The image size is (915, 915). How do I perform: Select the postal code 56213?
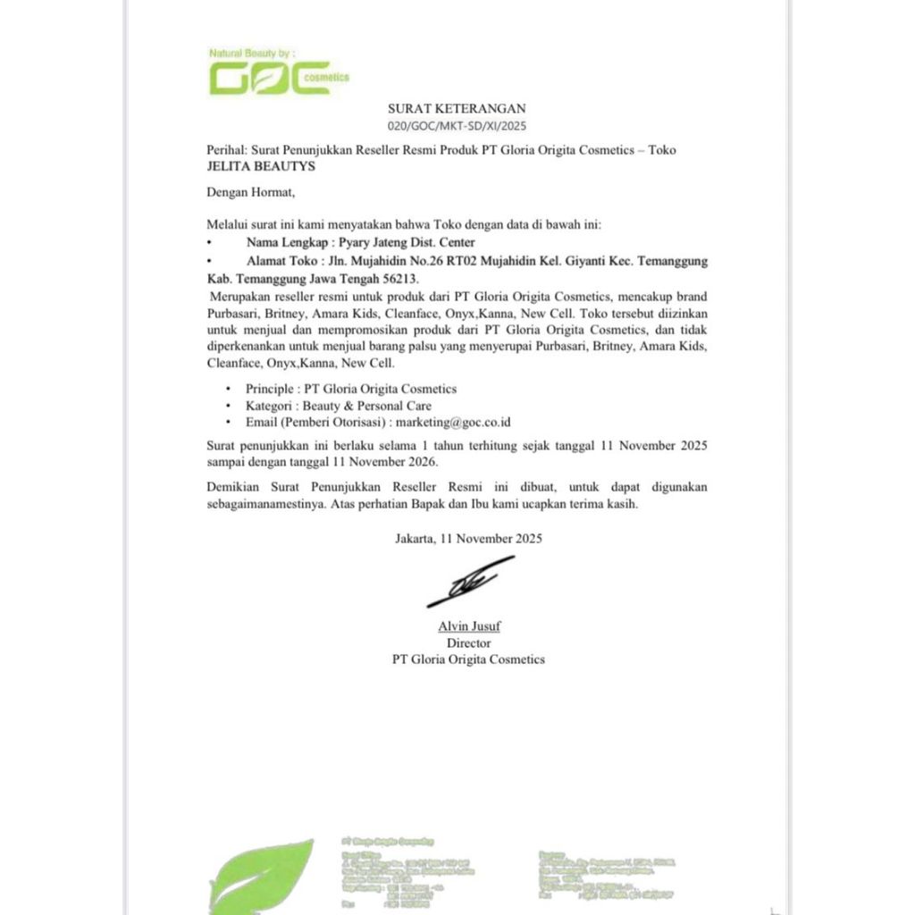(x=399, y=279)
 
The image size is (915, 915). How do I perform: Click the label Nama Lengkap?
(x=285, y=242)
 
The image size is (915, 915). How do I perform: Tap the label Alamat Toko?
(x=282, y=261)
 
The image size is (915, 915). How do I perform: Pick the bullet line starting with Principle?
(x=351, y=389)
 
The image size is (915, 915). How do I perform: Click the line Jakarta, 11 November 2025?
(x=468, y=539)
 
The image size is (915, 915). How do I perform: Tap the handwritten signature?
(x=468, y=582)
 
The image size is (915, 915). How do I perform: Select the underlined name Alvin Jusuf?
(x=469, y=626)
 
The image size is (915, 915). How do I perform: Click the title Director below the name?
(x=468, y=642)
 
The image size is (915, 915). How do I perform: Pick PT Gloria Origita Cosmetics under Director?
(x=468, y=659)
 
